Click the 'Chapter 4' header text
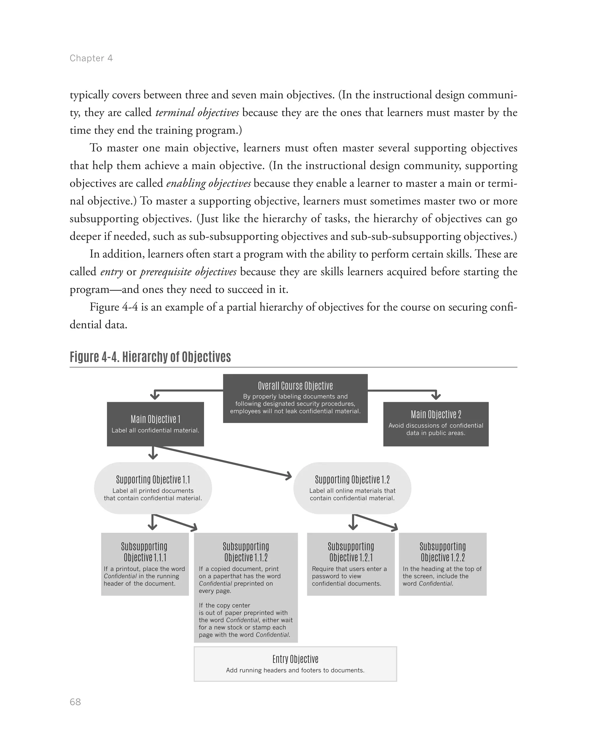click(x=91, y=58)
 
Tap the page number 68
click(x=75, y=702)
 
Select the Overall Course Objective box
click(x=295, y=398)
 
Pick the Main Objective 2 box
click(x=436, y=424)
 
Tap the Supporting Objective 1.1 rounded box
click(x=153, y=488)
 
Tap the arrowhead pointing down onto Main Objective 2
click(x=436, y=396)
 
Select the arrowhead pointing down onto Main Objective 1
click(x=155, y=396)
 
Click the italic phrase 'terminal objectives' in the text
click(x=197, y=112)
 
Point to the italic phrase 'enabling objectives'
click(x=208, y=183)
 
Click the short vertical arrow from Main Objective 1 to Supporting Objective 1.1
click(x=153, y=453)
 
